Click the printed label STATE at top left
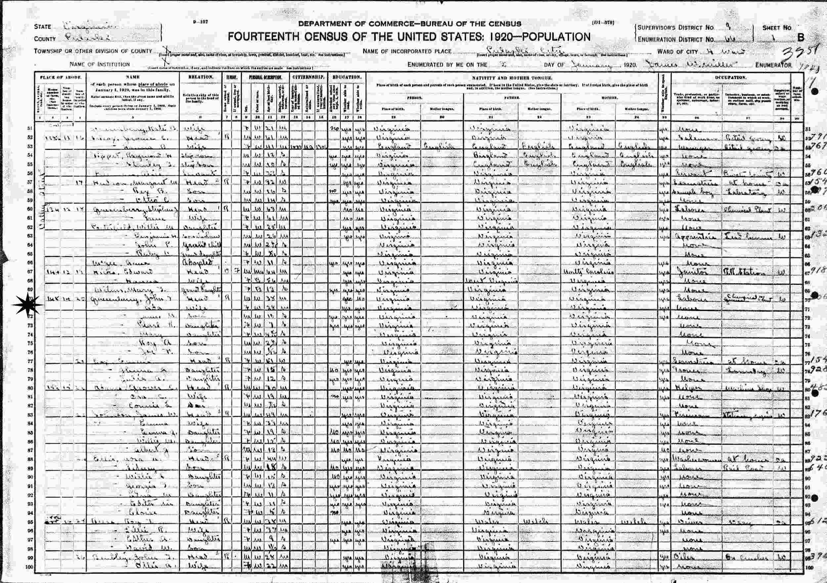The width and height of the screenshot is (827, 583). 42,27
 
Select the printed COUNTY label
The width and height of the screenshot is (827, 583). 45,39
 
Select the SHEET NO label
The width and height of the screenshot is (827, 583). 777,28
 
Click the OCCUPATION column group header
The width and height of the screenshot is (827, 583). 730,77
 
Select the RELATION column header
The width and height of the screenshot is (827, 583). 200,77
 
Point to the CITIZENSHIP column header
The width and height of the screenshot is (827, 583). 309,77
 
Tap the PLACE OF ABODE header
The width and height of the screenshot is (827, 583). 61,77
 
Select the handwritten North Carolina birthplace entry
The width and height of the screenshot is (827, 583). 588,272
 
